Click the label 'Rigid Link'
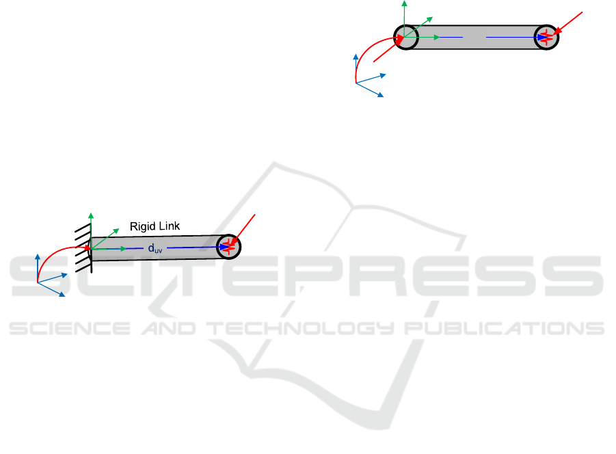pos(155,226)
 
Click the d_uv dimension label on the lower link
pos(155,249)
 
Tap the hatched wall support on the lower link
pos(83,248)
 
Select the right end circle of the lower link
pos(228,247)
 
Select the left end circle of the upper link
pos(406,38)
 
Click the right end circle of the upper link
pos(546,38)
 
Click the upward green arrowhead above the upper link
pos(404,3)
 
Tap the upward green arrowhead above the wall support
pos(91,215)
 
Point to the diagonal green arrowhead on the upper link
pos(430,19)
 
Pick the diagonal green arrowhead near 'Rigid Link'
pos(116,231)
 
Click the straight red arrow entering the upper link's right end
pos(567,23)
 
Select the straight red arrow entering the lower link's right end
pos(243,230)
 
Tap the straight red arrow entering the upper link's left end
pos(389,49)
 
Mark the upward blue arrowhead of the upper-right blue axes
pos(356,57)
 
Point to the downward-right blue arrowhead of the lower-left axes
pos(62,294)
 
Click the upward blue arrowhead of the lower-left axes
pos(38,257)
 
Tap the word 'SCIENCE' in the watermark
pos(70,328)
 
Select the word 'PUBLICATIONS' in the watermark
pos(504,328)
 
